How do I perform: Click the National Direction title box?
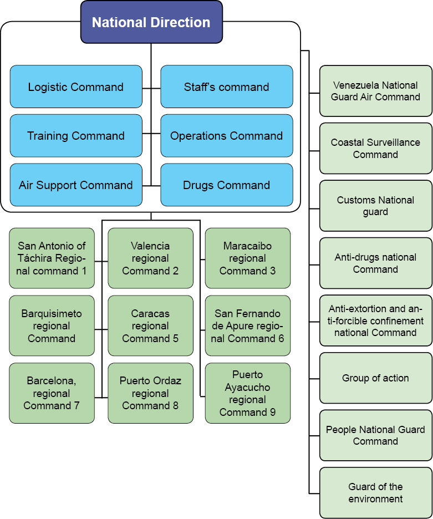pyautogui.click(x=151, y=22)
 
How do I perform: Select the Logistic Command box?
pyautogui.click(x=75, y=87)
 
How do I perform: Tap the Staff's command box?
pyautogui.click(x=226, y=87)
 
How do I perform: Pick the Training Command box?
pyautogui.click(x=75, y=136)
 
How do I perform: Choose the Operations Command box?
pyautogui.click(x=226, y=136)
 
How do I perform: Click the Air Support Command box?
pyautogui.click(x=75, y=185)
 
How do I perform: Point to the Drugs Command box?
pyautogui.click(x=226, y=185)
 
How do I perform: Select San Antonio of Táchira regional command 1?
pyautogui.click(x=52, y=258)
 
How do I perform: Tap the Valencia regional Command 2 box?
pyautogui.click(x=150, y=258)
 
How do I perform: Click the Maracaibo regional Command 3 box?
pyautogui.click(x=247, y=258)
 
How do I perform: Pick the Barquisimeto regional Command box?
pyautogui.click(x=52, y=326)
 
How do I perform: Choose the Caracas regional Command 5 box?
pyautogui.click(x=150, y=326)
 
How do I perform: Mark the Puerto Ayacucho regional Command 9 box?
pyautogui.click(x=247, y=393)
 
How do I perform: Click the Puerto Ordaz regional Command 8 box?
pyautogui.click(x=150, y=393)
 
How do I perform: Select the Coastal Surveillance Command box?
pyautogui.click(x=375, y=149)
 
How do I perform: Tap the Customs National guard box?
pyautogui.click(x=375, y=206)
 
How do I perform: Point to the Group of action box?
pyautogui.click(x=375, y=378)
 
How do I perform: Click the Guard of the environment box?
pyautogui.click(x=375, y=493)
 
